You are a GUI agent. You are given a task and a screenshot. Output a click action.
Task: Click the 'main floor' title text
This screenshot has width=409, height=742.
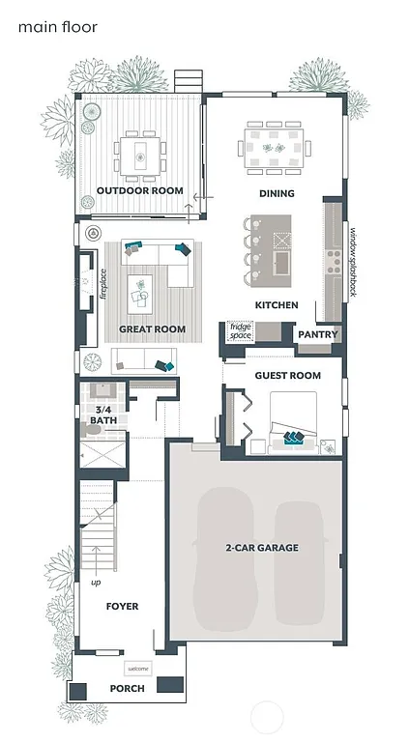57,27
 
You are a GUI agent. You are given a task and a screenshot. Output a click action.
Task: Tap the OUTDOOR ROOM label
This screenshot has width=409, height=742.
139,191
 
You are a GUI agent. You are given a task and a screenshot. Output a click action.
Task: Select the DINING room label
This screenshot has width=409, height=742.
277,194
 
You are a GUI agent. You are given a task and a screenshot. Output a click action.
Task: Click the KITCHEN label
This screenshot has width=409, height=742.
276,305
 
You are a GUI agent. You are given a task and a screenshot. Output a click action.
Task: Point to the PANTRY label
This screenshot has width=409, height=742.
317,334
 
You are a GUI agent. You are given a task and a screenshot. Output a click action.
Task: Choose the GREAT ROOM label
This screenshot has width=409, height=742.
152,329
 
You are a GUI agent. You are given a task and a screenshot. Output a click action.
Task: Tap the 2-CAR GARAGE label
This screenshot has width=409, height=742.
262,548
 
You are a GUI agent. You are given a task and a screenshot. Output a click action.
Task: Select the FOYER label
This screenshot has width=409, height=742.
122,607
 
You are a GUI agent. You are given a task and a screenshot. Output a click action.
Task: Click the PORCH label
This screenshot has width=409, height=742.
127,689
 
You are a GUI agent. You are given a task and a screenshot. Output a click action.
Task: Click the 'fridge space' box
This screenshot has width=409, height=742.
240,331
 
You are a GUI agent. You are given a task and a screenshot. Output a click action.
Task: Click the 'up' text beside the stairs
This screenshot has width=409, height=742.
96,583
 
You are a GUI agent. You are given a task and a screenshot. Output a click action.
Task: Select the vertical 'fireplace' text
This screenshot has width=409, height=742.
103,285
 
